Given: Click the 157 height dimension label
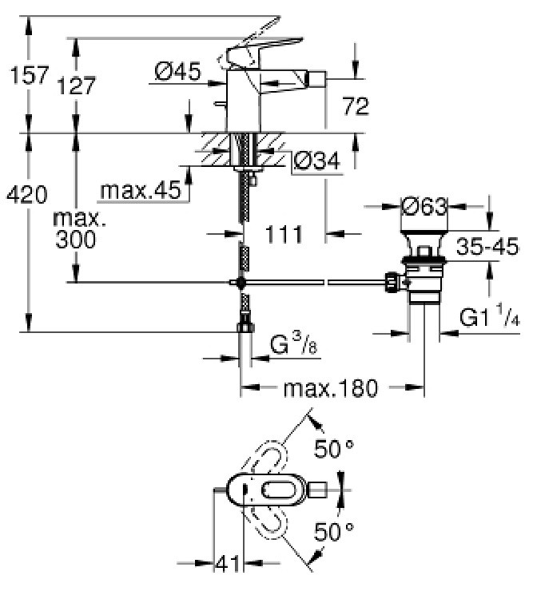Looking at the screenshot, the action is (x=30, y=75).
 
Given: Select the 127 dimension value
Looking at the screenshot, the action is (x=77, y=85).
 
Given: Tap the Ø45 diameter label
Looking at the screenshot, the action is (x=178, y=71).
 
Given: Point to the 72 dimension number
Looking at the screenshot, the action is (x=356, y=106).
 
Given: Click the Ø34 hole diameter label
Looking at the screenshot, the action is (x=317, y=161).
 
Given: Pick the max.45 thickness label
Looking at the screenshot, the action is (x=141, y=190).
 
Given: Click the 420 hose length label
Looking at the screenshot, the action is (x=27, y=195).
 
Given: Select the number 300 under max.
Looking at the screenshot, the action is (x=76, y=240).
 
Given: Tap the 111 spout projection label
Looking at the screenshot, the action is (x=284, y=234).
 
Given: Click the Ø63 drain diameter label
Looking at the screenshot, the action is (x=425, y=207).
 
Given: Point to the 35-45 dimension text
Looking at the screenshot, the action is (x=487, y=246).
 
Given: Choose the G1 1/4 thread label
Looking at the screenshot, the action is (x=490, y=317).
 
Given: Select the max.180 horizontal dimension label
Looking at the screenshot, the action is (x=331, y=388).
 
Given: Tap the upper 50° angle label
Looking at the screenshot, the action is (x=334, y=449).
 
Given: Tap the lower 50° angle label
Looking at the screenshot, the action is (x=334, y=531).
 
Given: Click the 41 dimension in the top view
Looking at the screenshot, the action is (x=228, y=564).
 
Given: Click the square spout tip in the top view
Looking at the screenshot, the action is (x=318, y=490).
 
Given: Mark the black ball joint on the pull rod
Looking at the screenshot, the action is (x=241, y=283).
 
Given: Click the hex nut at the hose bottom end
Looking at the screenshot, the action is (x=245, y=327).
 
